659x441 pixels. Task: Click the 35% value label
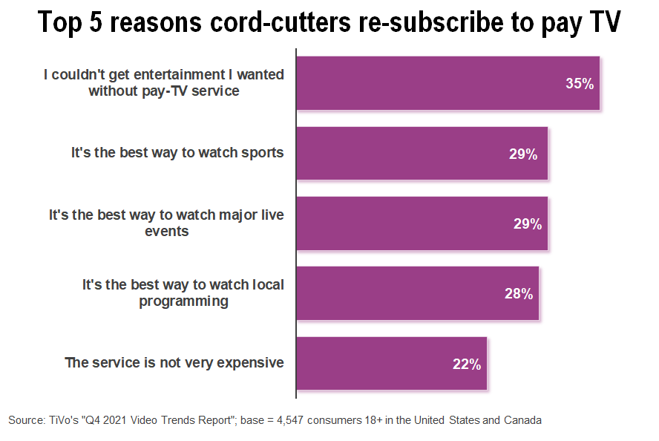pyautogui.click(x=580, y=84)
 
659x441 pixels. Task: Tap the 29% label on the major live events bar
pyautogui.click(x=528, y=223)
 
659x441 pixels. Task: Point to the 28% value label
pyautogui.click(x=519, y=293)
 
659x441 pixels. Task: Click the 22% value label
pyautogui.click(x=467, y=364)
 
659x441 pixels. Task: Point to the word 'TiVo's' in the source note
pyautogui.click(x=60, y=420)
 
